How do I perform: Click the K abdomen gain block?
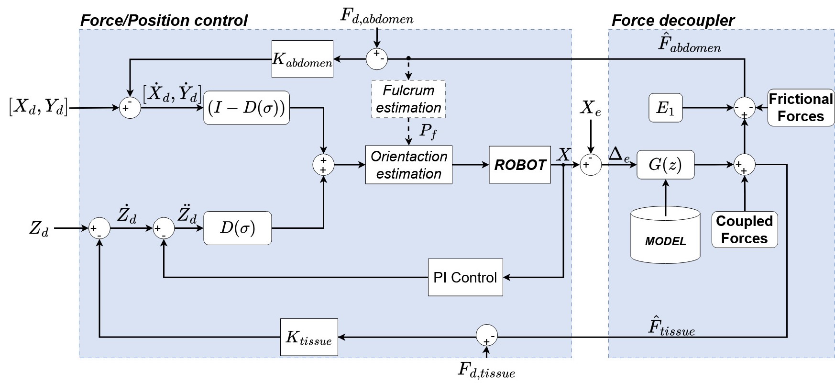tap(302, 59)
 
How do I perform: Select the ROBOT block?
tap(520, 165)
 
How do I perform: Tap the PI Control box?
tap(465, 277)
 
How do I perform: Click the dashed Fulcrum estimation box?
tap(408, 99)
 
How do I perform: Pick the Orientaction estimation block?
tap(408, 165)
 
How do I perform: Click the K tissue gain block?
tap(309, 337)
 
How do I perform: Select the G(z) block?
tap(665, 165)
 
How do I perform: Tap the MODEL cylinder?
tap(665, 235)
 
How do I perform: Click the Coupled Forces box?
tap(745, 230)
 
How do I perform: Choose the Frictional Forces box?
tap(801, 108)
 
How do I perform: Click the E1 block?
tap(665, 108)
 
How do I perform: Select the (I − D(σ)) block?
tap(246, 108)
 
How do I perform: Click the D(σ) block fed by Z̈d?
tap(238, 228)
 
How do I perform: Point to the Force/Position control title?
tap(164, 21)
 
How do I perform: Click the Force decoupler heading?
tap(673, 21)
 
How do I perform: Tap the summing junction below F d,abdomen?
tap(377, 59)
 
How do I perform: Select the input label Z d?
tap(39, 229)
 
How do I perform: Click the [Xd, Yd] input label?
tap(38, 107)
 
